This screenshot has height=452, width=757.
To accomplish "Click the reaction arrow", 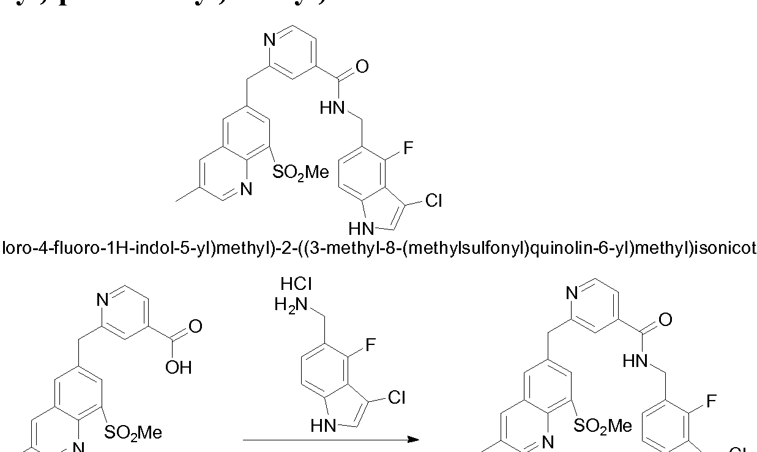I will click(330, 439).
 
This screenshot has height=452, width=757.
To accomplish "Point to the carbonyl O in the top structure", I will click(362, 66).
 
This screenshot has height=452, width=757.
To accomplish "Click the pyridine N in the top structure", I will click(270, 40).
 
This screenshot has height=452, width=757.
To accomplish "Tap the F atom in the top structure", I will click(409, 147).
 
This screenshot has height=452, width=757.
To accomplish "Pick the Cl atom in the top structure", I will click(433, 201).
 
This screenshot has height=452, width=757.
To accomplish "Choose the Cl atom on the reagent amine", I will click(397, 398).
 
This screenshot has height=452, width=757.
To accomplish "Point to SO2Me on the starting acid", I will click(133, 433).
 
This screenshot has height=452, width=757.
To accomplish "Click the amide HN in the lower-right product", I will click(635, 361).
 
